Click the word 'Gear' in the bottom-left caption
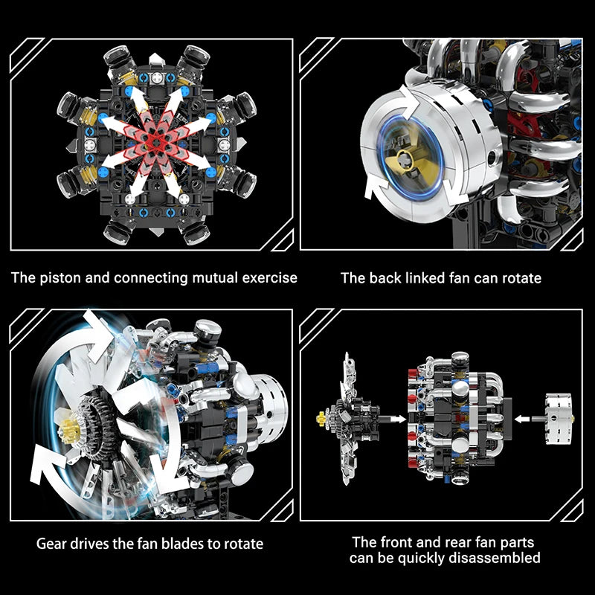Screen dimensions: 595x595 pyautogui.click(x=53, y=544)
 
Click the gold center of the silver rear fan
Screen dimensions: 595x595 pyautogui.click(x=408, y=157)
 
